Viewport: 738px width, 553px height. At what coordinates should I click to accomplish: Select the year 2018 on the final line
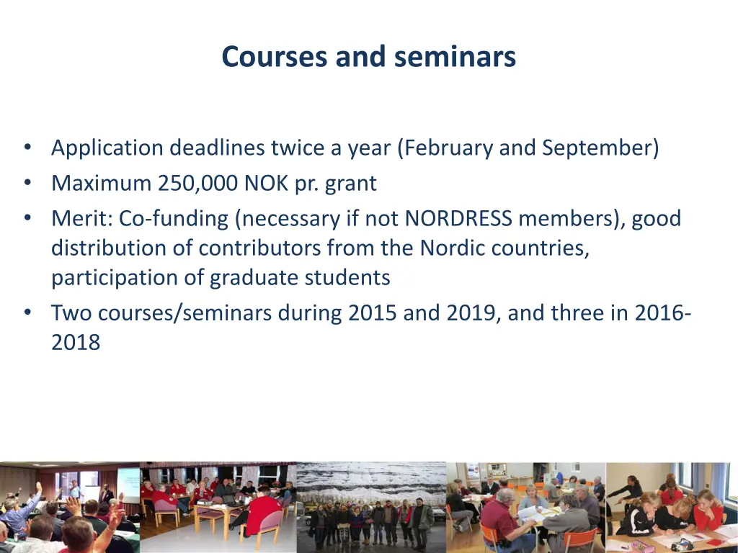[x=76, y=343]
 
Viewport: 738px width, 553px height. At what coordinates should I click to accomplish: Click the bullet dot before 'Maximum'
[x=27, y=184]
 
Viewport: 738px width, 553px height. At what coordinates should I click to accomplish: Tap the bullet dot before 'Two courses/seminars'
[x=27, y=313]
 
